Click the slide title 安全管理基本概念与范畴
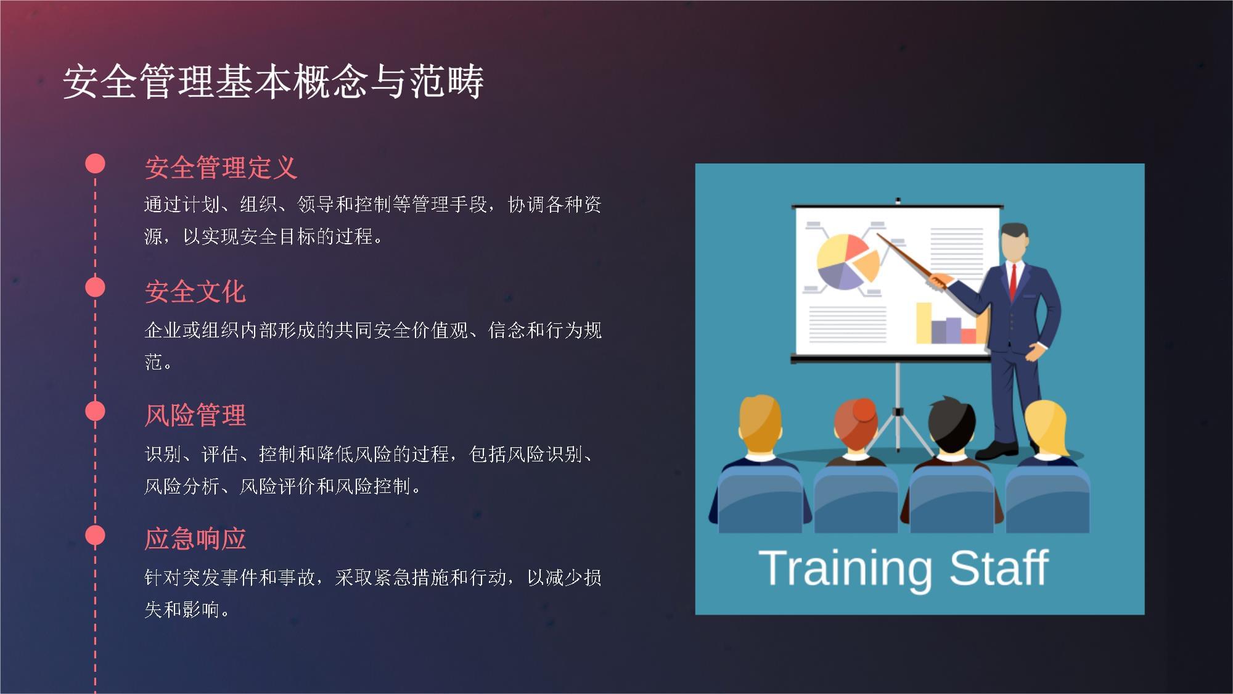click(x=273, y=81)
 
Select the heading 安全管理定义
click(x=221, y=168)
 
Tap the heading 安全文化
click(x=195, y=292)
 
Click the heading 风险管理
click(x=195, y=415)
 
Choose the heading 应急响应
click(x=195, y=539)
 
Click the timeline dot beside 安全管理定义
click(x=95, y=163)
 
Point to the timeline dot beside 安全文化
click(x=95, y=287)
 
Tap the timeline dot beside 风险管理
click(x=95, y=411)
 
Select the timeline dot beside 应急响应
click(x=95, y=535)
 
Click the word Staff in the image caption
click(x=998, y=568)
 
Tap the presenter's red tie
click(x=1012, y=281)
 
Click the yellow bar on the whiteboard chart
click(x=923, y=323)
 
